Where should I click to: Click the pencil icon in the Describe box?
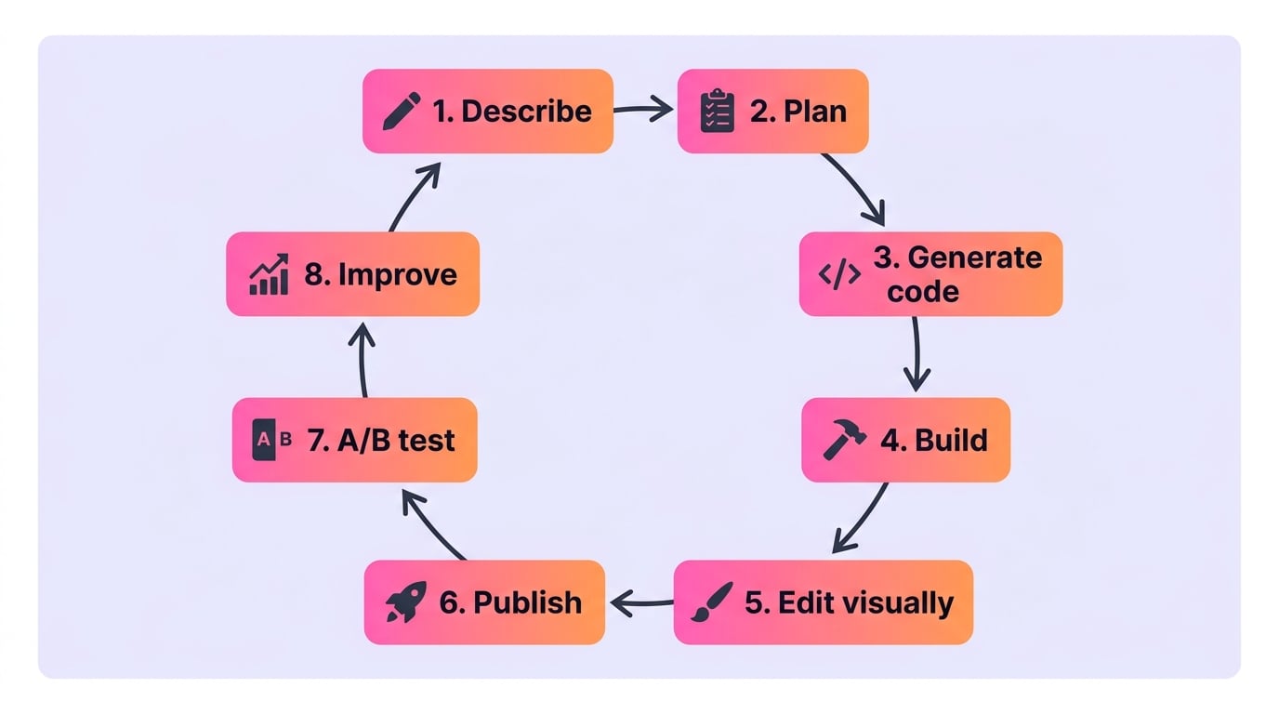click(402, 111)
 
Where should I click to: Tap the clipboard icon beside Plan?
click(718, 111)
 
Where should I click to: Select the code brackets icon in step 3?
click(839, 274)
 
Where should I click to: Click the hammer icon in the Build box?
click(844, 439)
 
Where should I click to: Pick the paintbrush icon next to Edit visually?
click(711, 602)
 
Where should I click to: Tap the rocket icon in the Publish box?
click(406, 602)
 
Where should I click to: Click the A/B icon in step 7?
click(271, 439)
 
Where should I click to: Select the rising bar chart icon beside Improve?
click(269, 274)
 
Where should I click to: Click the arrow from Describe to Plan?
click(643, 109)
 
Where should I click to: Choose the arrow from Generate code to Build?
click(916, 354)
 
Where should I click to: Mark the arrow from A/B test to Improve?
click(362, 360)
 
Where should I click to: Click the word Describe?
click(526, 111)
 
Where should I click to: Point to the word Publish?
click(528, 602)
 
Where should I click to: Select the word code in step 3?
click(923, 292)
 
